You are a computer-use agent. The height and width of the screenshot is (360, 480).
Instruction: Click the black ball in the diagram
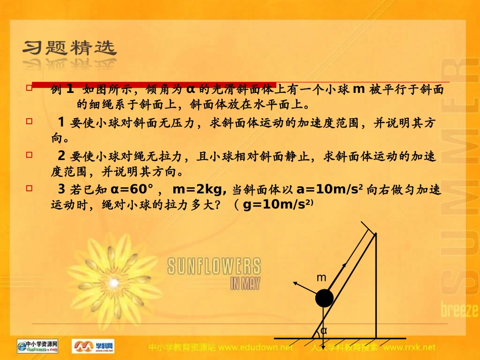(324, 298)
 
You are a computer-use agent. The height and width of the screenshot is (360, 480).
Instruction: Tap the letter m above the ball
(321, 278)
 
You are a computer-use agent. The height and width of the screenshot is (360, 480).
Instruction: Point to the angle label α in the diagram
(324, 331)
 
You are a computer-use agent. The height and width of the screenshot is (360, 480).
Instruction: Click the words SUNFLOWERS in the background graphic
(214, 267)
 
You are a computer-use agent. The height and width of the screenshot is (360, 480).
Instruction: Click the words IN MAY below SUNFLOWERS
(245, 283)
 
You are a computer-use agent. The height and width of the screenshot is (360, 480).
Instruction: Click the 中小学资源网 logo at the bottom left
(38, 346)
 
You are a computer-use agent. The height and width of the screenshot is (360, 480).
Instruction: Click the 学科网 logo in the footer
(93, 346)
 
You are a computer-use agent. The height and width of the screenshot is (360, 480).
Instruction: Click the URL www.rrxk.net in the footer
(409, 347)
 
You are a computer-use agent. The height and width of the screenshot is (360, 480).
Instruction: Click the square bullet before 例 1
(29, 87)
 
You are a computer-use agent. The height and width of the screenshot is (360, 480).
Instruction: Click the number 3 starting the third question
(62, 190)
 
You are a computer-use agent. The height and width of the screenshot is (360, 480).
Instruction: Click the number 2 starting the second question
(62, 156)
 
